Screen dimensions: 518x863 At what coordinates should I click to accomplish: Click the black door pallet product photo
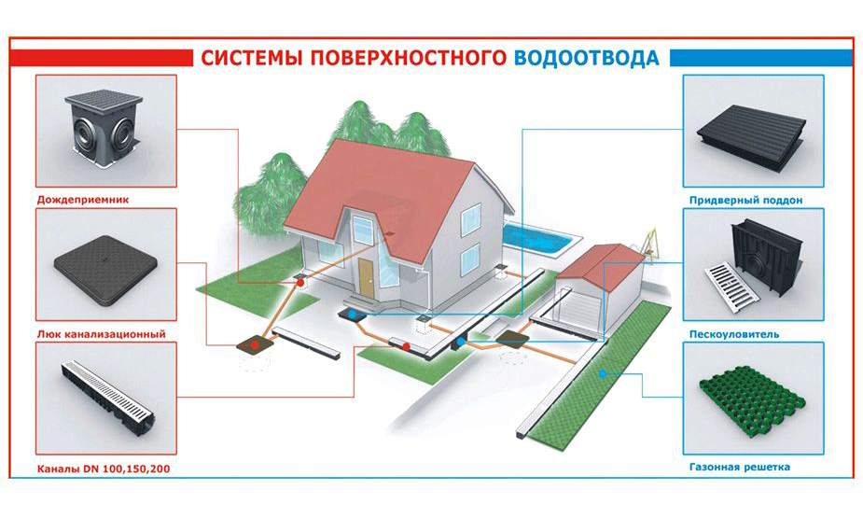coord(754,133)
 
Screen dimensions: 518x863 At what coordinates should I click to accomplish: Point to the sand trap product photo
coord(754,265)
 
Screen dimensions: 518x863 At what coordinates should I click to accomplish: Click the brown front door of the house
coord(366,275)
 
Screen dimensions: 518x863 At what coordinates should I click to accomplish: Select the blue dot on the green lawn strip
coord(603,374)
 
